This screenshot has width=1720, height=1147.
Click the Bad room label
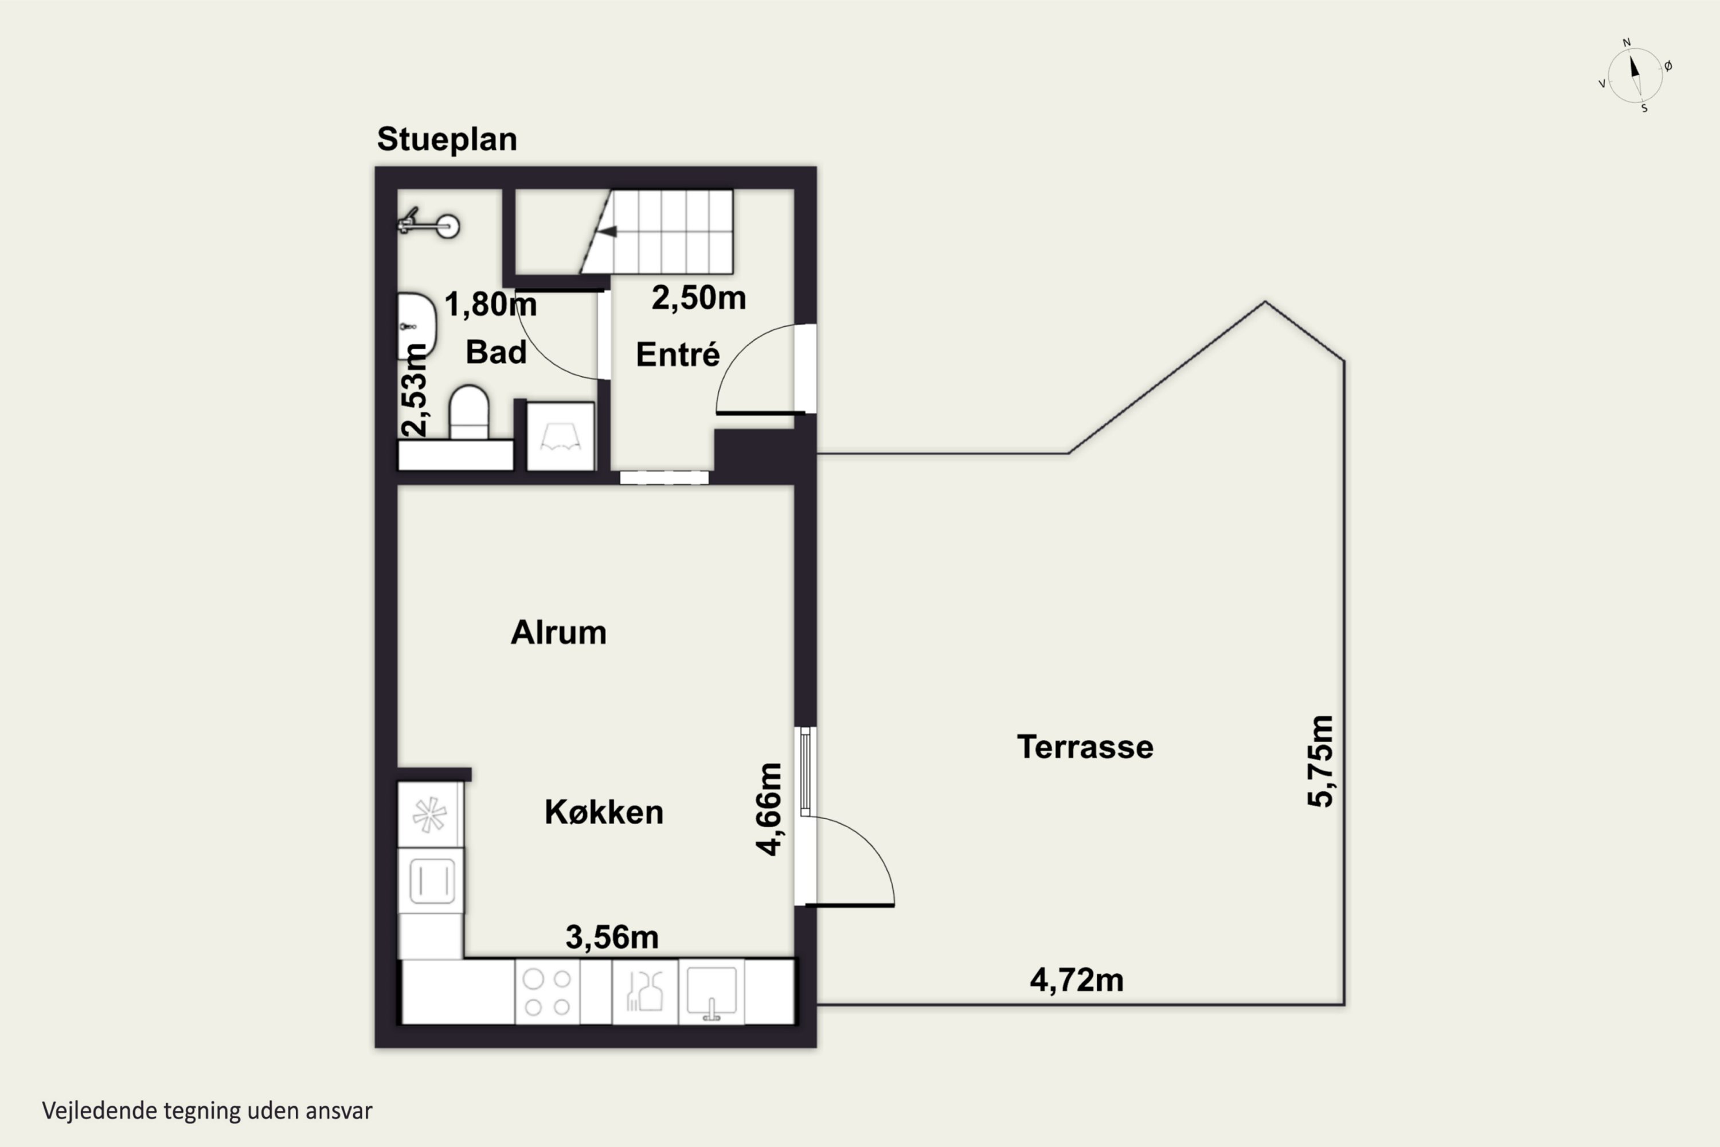[x=496, y=352]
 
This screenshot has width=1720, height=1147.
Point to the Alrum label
[x=558, y=633]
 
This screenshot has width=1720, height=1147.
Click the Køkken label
[x=604, y=812]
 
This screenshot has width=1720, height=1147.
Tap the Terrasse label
[x=1085, y=747]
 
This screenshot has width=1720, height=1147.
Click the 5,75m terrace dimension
[x=1321, y=761]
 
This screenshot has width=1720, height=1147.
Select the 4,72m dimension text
[x=1077, y=980]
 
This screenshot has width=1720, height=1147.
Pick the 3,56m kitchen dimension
[x=612, y=937]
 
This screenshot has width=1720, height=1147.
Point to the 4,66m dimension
[x=769, y=809]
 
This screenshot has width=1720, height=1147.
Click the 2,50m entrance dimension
[x=698, y=298]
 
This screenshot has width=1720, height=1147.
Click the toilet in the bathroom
[x=469, y=412]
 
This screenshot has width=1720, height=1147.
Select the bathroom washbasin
[x=417, y=326]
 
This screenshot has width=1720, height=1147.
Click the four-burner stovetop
[x=548, y=993]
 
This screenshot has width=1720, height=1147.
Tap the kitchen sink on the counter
[x=712, y=992]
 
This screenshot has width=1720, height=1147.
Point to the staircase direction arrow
[x=607, y=232]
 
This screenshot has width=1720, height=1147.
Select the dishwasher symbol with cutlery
[x=644, y=992]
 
